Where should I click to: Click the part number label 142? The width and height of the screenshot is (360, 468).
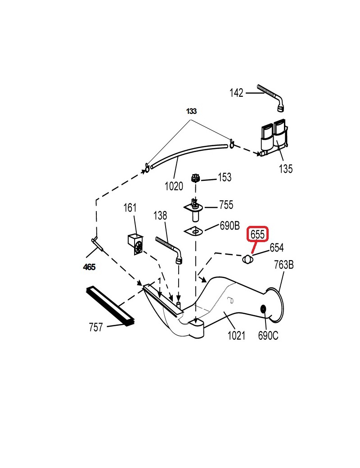click(236, 93)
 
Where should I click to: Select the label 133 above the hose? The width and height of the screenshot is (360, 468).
click(192, 111)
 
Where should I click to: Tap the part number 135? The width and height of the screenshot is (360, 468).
click(285, 169)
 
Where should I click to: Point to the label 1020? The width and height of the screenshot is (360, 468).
click(174, 186)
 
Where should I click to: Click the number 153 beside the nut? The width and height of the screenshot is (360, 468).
click(225, 177)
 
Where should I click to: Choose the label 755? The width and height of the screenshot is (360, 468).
click(226, 205)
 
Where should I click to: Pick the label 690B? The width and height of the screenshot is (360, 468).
click(229, 226)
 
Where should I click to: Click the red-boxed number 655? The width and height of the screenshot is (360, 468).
click(258, 234)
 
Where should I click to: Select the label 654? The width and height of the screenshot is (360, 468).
click(277, 247)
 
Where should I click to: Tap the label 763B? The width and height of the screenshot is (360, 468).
click(283, 265)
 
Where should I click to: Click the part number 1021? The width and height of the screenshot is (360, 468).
click(236, 335)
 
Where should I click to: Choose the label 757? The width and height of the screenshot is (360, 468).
click(96, 327)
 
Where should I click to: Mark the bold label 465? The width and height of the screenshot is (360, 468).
click(89, 267)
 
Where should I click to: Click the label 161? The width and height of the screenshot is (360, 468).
click(130, 208)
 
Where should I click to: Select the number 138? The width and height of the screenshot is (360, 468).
click(160, 216)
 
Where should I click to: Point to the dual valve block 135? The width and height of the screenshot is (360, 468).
click(274, 137)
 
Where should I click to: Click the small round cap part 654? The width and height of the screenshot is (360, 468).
click(247, 259)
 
